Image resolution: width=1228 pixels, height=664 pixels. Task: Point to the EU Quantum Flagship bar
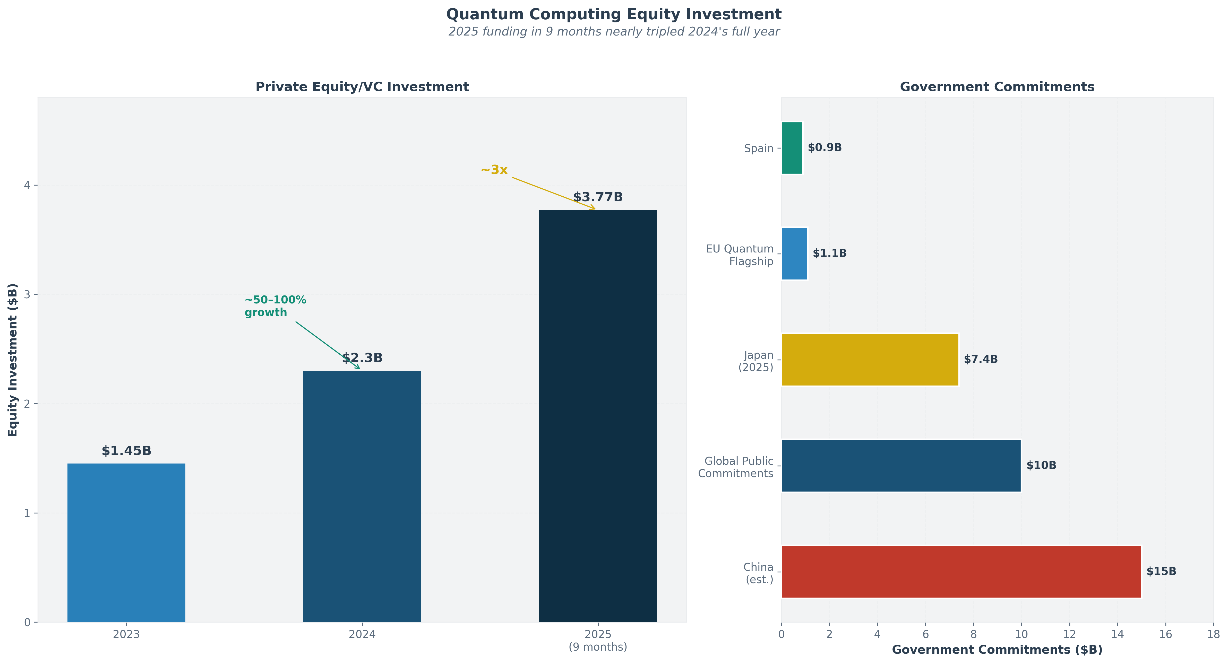coord(794,254)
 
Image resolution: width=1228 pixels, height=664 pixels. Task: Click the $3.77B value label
coord(598,197)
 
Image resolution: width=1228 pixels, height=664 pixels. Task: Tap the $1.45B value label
coord(126,451)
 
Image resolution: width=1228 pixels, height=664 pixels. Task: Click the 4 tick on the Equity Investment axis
coord(27,185)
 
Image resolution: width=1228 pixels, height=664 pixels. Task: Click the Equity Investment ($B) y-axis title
coord(13,360)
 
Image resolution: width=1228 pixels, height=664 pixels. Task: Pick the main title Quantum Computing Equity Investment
coord(614,14)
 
